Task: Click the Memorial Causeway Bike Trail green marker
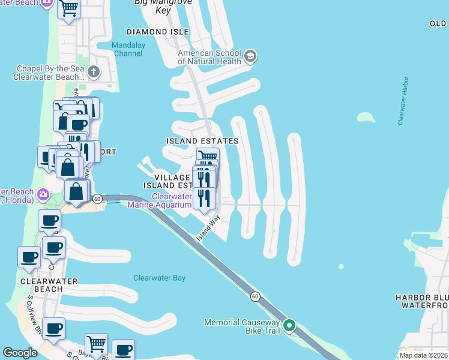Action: (289, 326)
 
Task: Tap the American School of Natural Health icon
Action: (250, 57)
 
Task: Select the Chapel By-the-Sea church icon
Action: (93, 73)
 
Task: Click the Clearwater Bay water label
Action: (159, 278)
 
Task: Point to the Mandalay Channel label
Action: (128, 49)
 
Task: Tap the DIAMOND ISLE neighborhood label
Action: (155, 31)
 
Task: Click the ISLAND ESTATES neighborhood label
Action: (202, 141)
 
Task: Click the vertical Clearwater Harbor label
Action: (403, 101)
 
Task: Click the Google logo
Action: (20, 353)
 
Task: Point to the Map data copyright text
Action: (424, 355)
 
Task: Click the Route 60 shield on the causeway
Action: (255, 296)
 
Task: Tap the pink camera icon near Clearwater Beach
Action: (43, 194)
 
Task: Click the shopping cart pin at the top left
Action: (69, 8)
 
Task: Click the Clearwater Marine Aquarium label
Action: (172, 200)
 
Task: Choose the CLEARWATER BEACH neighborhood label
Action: (41, 284)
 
